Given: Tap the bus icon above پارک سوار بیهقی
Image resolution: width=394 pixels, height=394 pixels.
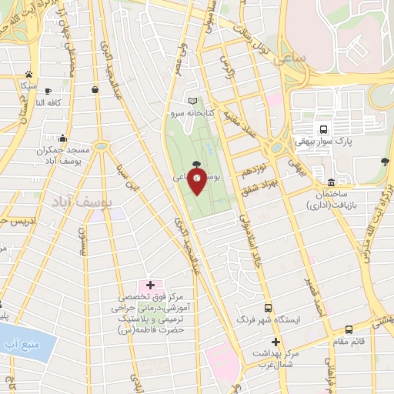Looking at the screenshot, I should [x=324, y=130].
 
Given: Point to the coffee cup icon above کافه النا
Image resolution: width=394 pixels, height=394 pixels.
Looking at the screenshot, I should [x=48, y=91].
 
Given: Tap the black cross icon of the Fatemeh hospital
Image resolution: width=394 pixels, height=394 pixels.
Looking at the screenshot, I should [x=150, y=285].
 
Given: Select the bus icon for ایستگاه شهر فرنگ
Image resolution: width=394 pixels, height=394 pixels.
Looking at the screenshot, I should [x=268, y=306].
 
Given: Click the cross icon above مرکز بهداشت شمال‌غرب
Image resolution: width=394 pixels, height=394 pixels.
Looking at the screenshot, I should [x=275, y=342].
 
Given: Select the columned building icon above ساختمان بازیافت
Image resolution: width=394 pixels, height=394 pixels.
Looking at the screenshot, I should [x=331, y=182].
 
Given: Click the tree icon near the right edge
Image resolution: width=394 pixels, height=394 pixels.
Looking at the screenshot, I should [x=384, y=161].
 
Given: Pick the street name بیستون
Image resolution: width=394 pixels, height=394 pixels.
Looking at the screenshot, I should [x=87, y=246].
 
